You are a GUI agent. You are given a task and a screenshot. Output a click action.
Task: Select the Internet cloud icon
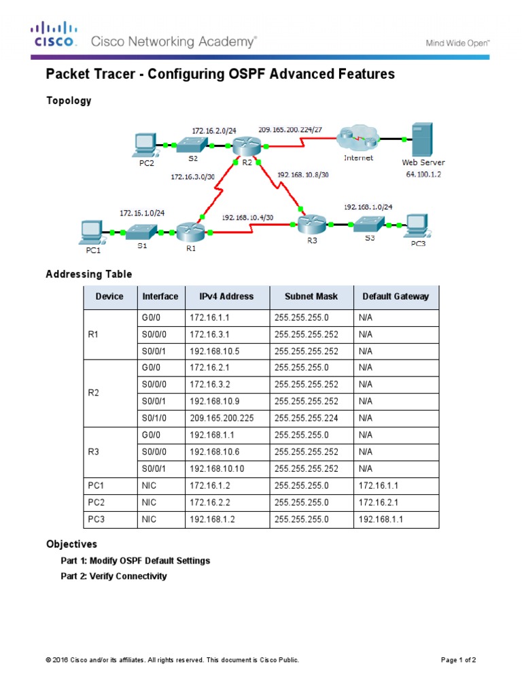click(x=358, y=141)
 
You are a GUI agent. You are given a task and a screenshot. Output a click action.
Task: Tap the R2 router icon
click(x=243, y=145)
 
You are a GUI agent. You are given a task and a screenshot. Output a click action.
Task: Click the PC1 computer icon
click(x=90, y=232)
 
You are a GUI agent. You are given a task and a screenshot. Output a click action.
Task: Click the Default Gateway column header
click(x=396, y=296)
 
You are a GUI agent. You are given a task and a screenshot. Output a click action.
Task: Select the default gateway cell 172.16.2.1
click(x=377, y=503)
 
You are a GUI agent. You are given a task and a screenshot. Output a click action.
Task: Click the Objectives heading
click(x=71, y=544)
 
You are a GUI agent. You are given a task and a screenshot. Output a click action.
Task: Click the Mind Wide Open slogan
click(x=457, y=42)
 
